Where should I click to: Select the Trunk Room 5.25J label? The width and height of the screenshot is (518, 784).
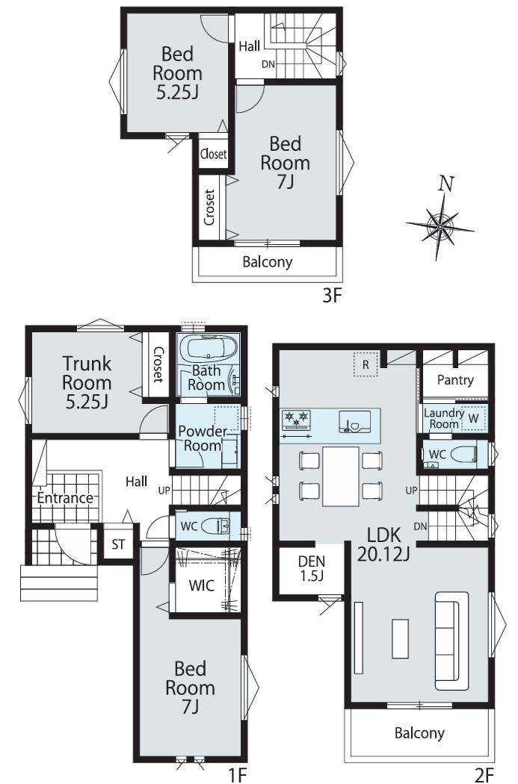pyautogui.click(x=87, y=382)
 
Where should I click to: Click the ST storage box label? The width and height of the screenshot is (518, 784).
pyautogui.click(x=118, y=544)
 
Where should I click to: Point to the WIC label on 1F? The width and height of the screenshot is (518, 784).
pyautogui.click(x=202, y=585)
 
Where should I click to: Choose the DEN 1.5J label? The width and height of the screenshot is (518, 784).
pyautogui.click(x=311, y=568)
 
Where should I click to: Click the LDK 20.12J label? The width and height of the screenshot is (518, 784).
pyautogui.click(x=384, y=544)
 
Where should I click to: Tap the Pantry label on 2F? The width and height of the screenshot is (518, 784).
pyautogui.click(x=455, y=380)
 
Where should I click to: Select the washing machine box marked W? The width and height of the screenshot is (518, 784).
pyautogui.click(x=472, y=418)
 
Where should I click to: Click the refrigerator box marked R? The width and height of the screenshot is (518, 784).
pyautogui.click(x=366, y=364)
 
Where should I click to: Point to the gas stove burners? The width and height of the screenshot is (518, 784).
pyautogui.click(x=296, y=420)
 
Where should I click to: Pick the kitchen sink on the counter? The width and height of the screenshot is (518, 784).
pyautogui.click(x=355, y=422)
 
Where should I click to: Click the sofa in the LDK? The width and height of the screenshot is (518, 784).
pyautogui.click(x=451, y=641)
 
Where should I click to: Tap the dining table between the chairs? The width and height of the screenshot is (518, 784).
pyautogui.click(x=340, y=476)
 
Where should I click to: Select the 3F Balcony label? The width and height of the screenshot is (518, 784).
pyautogui.click(x=268, y=262)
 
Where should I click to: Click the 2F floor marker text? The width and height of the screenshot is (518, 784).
pyautogui.click(x=484, y=774)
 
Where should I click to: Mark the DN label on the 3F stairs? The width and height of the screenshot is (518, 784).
pyautogui.click(x=268, y=64)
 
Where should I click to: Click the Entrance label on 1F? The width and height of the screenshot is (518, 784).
pyautogui.click(x=65, y=498)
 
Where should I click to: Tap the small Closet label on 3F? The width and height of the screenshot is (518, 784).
pyautogui.click(x=213, y=154)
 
